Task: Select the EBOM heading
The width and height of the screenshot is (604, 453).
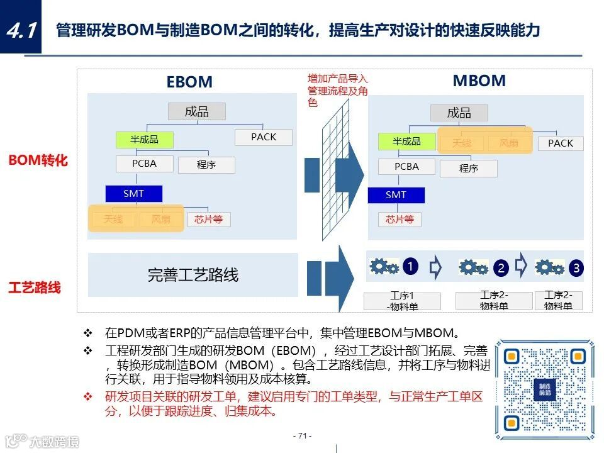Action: (x=189, y=82)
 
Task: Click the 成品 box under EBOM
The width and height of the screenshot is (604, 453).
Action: (x=196, y=112)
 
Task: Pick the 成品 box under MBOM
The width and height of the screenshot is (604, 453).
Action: (x=459, y=113)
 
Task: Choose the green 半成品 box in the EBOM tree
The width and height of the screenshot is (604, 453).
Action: (x=144, y=140)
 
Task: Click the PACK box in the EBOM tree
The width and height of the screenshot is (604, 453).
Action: (x=264, y=137)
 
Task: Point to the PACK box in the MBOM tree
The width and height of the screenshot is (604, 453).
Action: (x=560, y=143)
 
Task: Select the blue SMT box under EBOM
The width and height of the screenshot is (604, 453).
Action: (x=133, y=194)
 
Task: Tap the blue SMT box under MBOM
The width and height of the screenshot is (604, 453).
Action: (x=396, y=195)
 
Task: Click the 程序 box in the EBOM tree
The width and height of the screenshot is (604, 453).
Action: (x=206, y=165)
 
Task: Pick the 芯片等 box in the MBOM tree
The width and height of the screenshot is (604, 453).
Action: (x=400, y=220)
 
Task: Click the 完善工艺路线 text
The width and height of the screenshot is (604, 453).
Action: (x=193, y=275)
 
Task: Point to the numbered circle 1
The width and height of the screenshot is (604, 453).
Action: (x=410, y=267)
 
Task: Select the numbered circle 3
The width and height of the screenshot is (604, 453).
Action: (x=576, y=268)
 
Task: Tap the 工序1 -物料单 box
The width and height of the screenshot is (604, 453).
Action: (x=402, y=301)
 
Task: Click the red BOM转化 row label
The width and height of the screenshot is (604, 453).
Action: (x=38, y=160)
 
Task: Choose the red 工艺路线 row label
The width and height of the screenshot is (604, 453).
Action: (x=35, y=288)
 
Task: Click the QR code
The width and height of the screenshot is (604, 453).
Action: (x=544, y=389)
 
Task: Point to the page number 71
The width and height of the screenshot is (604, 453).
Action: (x=302, y=436)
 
